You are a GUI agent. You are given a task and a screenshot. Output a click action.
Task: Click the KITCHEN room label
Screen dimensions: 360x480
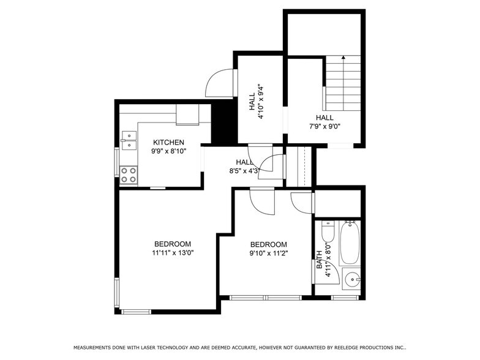[168, 143]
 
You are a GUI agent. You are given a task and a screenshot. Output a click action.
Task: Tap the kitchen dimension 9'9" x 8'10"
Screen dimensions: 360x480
[168, 151]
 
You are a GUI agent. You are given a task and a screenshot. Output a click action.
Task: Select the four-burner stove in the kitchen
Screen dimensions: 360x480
[129, 175]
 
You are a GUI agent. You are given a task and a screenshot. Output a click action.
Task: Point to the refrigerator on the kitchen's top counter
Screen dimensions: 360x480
[187, 114]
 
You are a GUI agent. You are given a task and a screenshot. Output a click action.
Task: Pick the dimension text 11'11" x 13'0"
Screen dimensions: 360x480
[173, 252]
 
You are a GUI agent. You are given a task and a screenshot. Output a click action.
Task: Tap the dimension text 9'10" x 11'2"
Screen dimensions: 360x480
[268, 252]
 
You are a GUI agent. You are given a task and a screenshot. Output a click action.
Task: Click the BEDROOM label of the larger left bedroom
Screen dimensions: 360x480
[173, 244]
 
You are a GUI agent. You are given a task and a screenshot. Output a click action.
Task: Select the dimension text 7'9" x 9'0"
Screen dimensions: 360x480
[324, 127]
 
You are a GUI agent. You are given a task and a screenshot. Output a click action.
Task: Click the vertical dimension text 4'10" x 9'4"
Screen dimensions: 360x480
[260, 101]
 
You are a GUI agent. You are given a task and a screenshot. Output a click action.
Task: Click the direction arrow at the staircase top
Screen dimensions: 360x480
[343, 58]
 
